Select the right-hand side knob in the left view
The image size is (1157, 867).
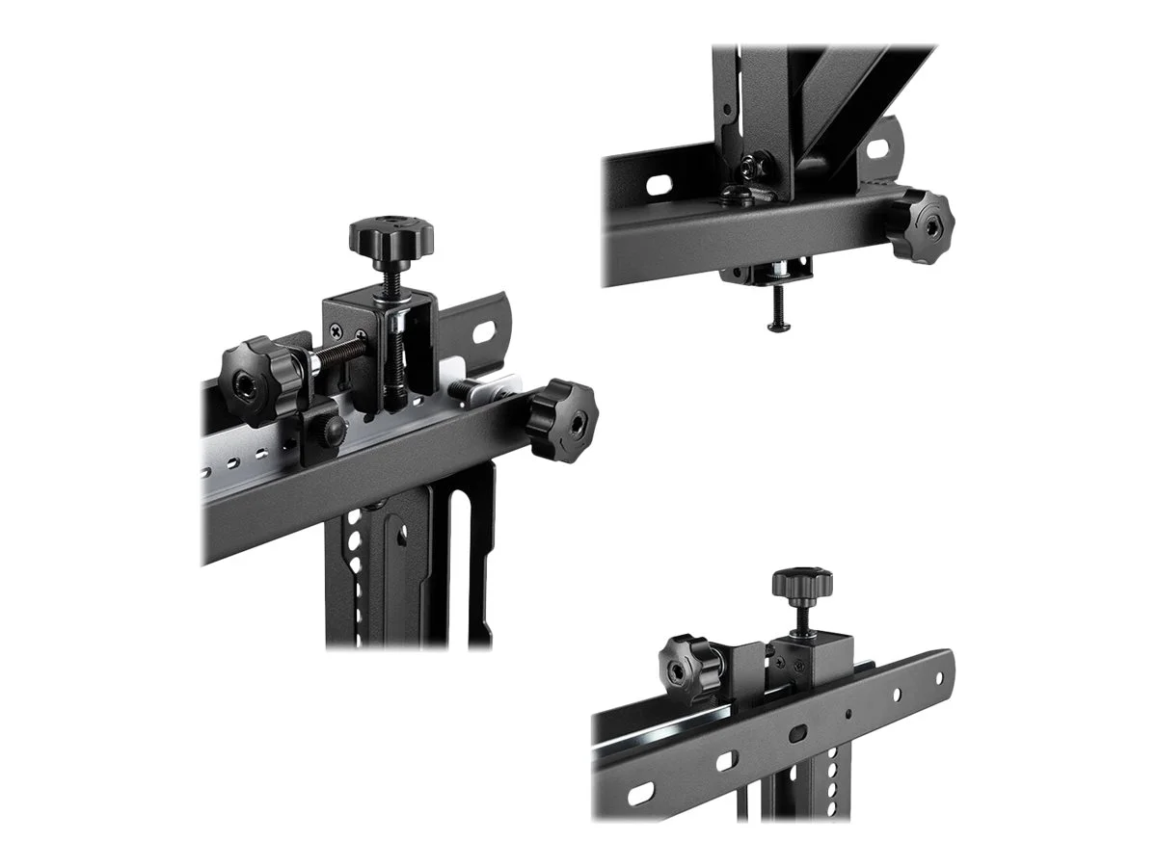(563, 420)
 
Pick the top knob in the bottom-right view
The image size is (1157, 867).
(801, 584)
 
